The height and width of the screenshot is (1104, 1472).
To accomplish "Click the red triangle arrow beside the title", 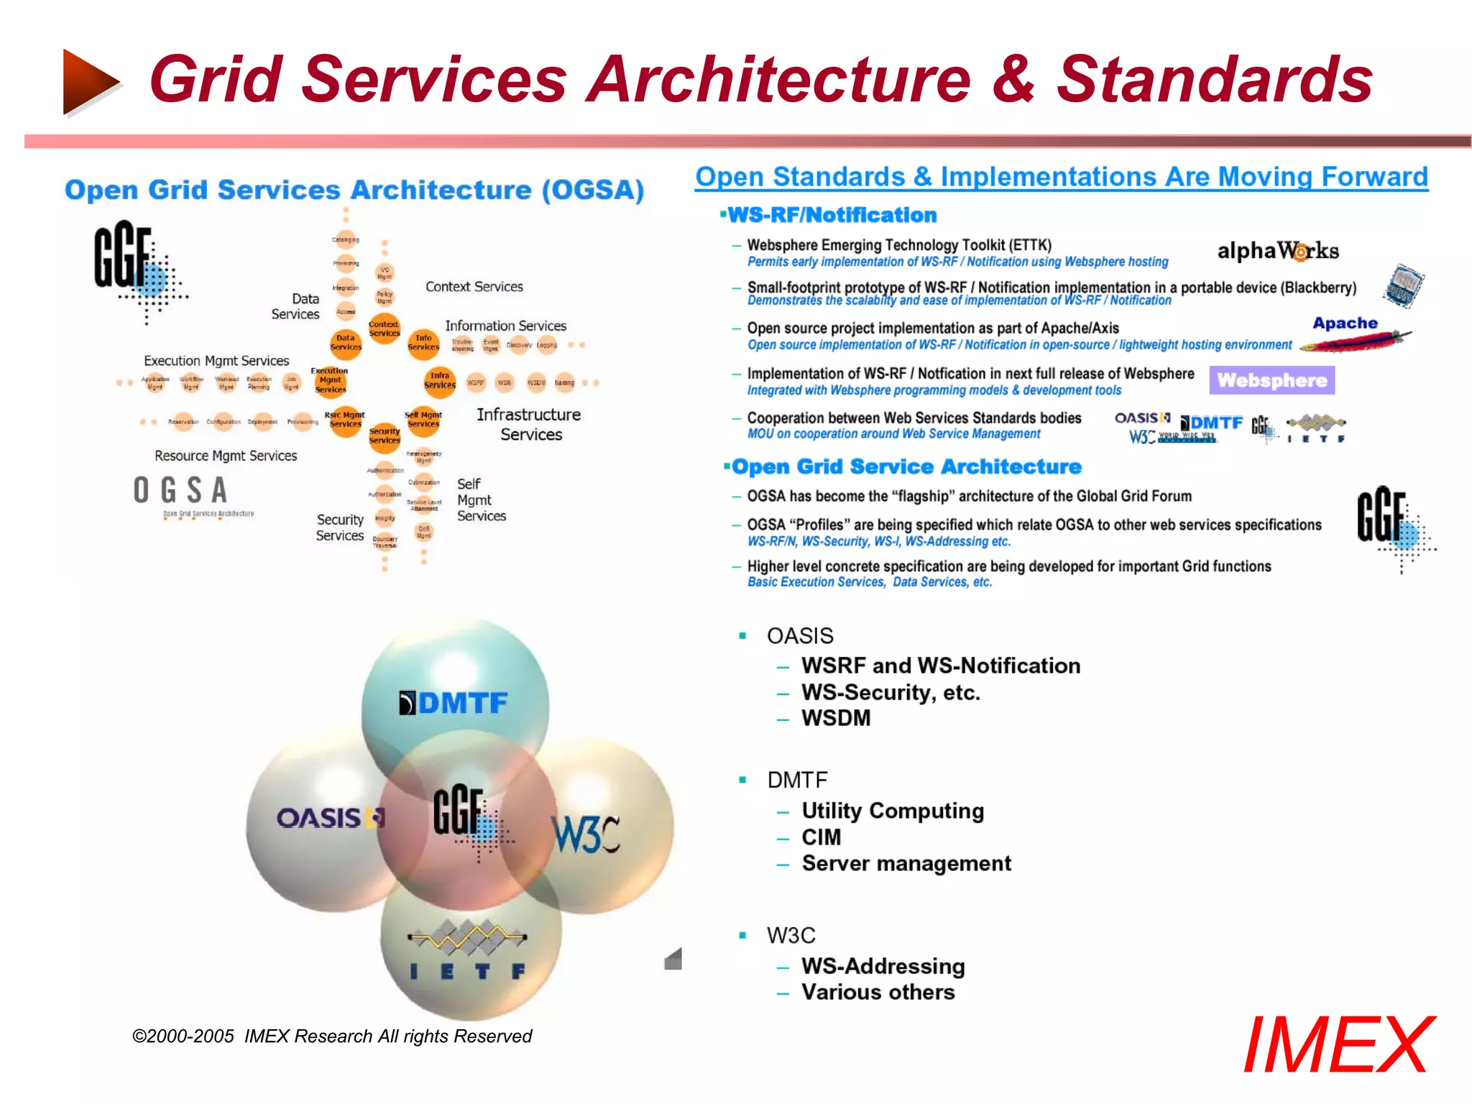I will (x=90, y=80).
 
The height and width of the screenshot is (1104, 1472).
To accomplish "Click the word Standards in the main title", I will (x=1214, y=79).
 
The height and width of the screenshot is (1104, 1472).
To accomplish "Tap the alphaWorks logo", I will (x=1277, y=251).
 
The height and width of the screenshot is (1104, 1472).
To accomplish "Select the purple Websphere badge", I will (x=1271, y=380).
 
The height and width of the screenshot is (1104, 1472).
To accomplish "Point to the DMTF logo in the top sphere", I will (x=454, y=702).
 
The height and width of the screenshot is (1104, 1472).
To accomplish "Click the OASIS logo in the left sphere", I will (x=330, y=818).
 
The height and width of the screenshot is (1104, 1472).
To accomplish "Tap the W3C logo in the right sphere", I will (x=586, y=834).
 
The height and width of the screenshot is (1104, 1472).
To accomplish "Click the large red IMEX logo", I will (x=1338, y=1045).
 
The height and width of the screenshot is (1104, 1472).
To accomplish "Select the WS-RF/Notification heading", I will (x=832, y=215).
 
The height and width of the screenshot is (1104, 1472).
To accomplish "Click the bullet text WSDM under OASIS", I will (x=836, y=718).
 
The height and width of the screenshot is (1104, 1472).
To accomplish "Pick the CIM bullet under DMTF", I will (x=821, y=837).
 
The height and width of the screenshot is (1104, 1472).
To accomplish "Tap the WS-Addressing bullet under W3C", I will (x=883, y=966).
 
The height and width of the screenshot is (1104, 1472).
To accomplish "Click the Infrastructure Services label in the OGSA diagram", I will (x=530, y=424).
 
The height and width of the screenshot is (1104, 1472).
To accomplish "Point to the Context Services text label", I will (x=474, y=287).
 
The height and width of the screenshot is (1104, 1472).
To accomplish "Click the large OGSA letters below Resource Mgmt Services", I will (x=180, y=491).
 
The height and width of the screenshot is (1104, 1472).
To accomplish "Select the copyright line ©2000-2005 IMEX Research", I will (x=331, y=1036).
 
